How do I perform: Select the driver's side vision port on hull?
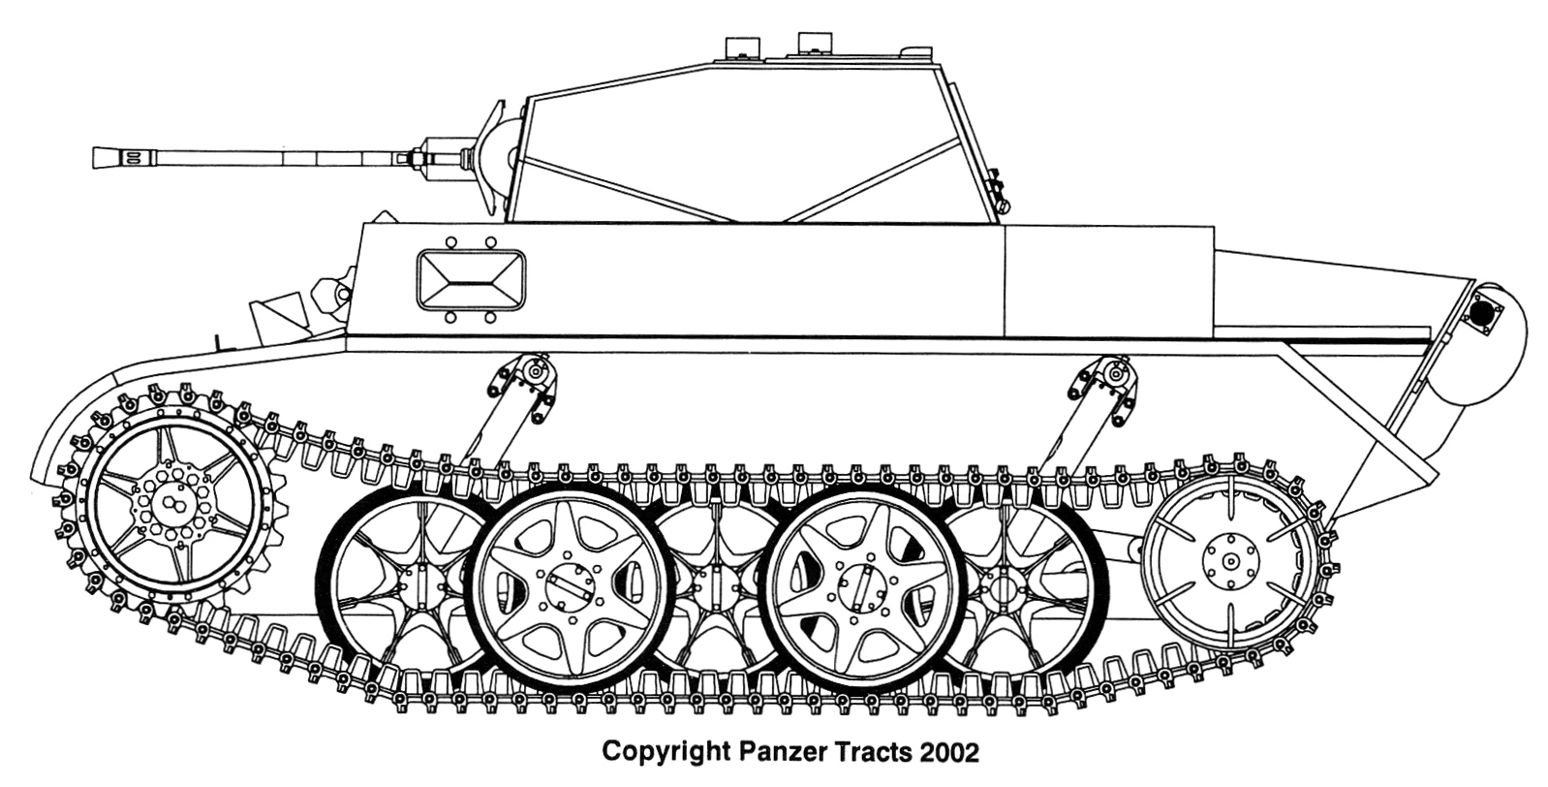[x=471, y=279]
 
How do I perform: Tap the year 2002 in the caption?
[x=950, y=751]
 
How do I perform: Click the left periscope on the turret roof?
[x=738, y=47]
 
